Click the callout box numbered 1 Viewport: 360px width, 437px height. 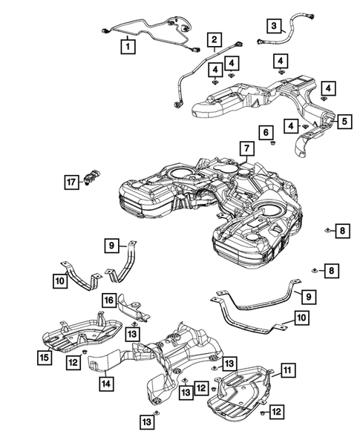click(128, 47)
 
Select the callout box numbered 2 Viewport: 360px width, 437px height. click(215, 39)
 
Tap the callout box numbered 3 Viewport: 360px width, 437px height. click(274, 26)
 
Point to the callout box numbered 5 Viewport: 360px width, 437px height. click(344, 121)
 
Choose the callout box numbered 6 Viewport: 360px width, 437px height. click(266, 132)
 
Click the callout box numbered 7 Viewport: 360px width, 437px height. click(247, 148)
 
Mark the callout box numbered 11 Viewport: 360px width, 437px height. click(288, 370)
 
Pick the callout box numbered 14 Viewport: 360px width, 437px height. click(106, 384)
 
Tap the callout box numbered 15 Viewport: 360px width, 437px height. click(45, 358)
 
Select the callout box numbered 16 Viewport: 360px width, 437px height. click(109, 300)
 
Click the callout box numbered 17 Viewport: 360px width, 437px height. click(71, 183)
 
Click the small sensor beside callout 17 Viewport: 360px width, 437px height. click(91, 178)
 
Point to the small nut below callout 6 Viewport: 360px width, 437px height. click(272, 143)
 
